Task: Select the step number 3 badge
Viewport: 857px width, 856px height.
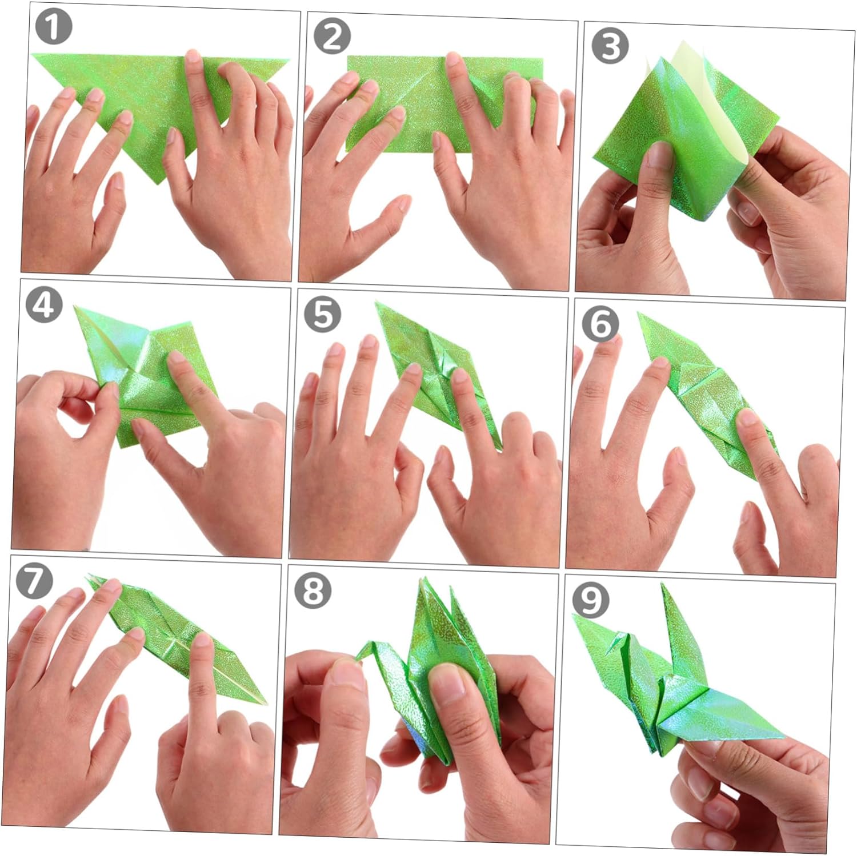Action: pos(610,45)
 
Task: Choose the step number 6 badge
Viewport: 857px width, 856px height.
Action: pos(600,324)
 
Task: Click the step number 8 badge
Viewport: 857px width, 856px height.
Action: pos(313,591)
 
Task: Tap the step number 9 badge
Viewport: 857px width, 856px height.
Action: pos(591,601)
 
